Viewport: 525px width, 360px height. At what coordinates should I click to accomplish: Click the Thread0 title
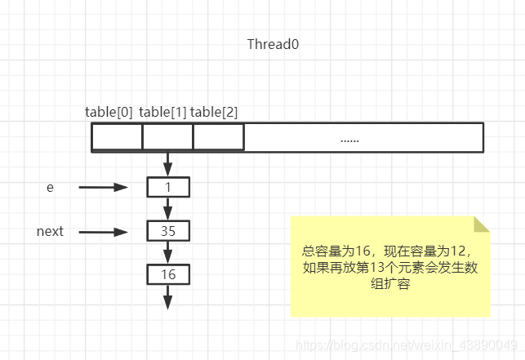pyautogui.click(x=273, y=44)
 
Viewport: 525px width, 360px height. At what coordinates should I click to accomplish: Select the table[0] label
pyautogui.click(x=109, y=112)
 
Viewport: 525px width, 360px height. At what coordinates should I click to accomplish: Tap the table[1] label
pyautogui.click(x=162, y=112)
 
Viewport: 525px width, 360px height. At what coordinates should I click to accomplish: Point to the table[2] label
pyautogui.click(x=214, y=112)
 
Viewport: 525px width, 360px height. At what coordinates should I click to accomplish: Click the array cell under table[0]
pyautogui.click(x=117, y=137)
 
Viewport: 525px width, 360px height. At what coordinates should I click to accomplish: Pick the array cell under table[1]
pyautogui.click(x=167, y=137)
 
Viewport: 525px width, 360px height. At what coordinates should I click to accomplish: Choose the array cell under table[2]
pyautogui.click(x=218, y=137)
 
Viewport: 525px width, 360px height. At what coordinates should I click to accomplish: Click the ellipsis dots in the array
pyautogui.click(x=349, y=139)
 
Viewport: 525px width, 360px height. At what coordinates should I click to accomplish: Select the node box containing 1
pyautogui.click(x=168, y=187)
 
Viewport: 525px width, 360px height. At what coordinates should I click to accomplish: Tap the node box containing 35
pyautogui.click(x=168, y=231)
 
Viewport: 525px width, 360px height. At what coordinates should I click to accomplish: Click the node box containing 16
pyautogui.click(x=168, y=274)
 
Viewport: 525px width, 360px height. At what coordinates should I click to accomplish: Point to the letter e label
pyautogui.click(x=50, y=187)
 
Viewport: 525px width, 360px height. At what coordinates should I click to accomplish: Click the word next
pyautogui.click(x=50, y=231)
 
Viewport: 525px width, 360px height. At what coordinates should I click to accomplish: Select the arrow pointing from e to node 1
pyautogui.click(x=104, y=187)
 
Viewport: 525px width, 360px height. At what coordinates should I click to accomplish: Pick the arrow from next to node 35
pyautogui.click(x=104, y=232)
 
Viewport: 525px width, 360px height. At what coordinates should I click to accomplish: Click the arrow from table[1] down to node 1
pyautogui.click(x=168, y=163)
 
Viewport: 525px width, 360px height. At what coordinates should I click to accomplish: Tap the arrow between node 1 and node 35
pyautogui.click(x=168, y=209)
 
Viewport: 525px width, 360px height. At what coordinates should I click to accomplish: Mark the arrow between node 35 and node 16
pyautogui.click(x=168, y=252)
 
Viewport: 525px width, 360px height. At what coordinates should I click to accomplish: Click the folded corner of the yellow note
pyautogui.click(x=481, y=224)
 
